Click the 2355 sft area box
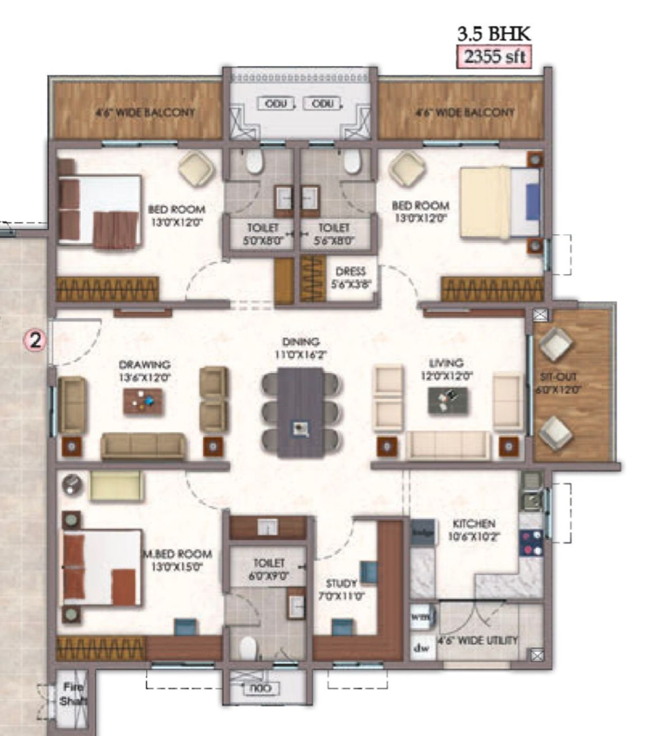tap(494, 57)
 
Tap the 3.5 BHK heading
tap(494, 35)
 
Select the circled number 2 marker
tap(34, 341)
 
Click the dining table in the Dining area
tap(301, 412)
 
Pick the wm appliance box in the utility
tap(422, 617)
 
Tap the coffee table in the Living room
tap(447, 400)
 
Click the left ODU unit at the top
tap(271, 105)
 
